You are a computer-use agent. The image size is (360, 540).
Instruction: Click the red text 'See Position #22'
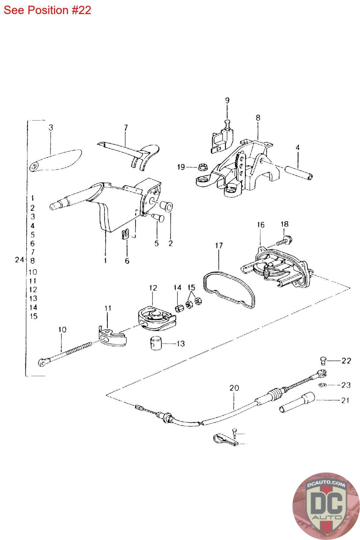(48, 10)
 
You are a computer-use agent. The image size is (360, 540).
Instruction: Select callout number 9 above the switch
(227, 100)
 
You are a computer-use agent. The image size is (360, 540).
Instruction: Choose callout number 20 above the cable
(234, 388)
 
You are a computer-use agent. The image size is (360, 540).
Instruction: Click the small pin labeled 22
(322, 361)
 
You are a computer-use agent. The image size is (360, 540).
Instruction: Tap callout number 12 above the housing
(153, 288)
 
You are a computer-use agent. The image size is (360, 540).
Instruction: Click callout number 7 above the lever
(126, 128)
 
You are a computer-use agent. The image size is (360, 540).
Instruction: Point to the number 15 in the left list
(34, 316)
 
